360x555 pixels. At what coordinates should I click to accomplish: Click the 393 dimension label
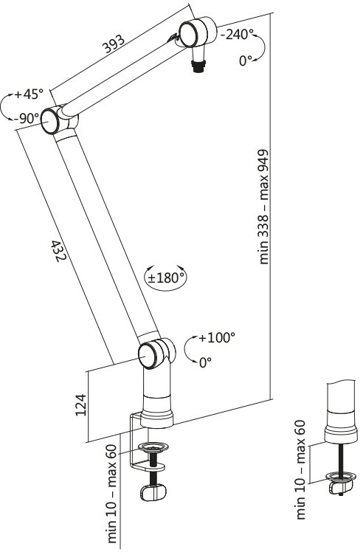(x=114, y=44)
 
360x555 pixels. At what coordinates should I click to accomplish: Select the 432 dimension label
(x=59, y=252)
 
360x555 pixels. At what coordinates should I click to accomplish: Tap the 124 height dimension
(x=81, y=405)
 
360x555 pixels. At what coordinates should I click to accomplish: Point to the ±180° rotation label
(x=166, y=277)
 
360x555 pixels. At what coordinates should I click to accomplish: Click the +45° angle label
(x=28, y=94)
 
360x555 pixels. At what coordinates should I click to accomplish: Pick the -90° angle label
(x=27, y=118)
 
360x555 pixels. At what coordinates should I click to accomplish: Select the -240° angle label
(x=237, y=35)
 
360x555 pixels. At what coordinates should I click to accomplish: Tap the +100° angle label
(x=217, y=337)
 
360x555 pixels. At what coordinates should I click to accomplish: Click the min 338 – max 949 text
(x=264, y=207)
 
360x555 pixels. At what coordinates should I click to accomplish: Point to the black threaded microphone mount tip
(x=197, y=66)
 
